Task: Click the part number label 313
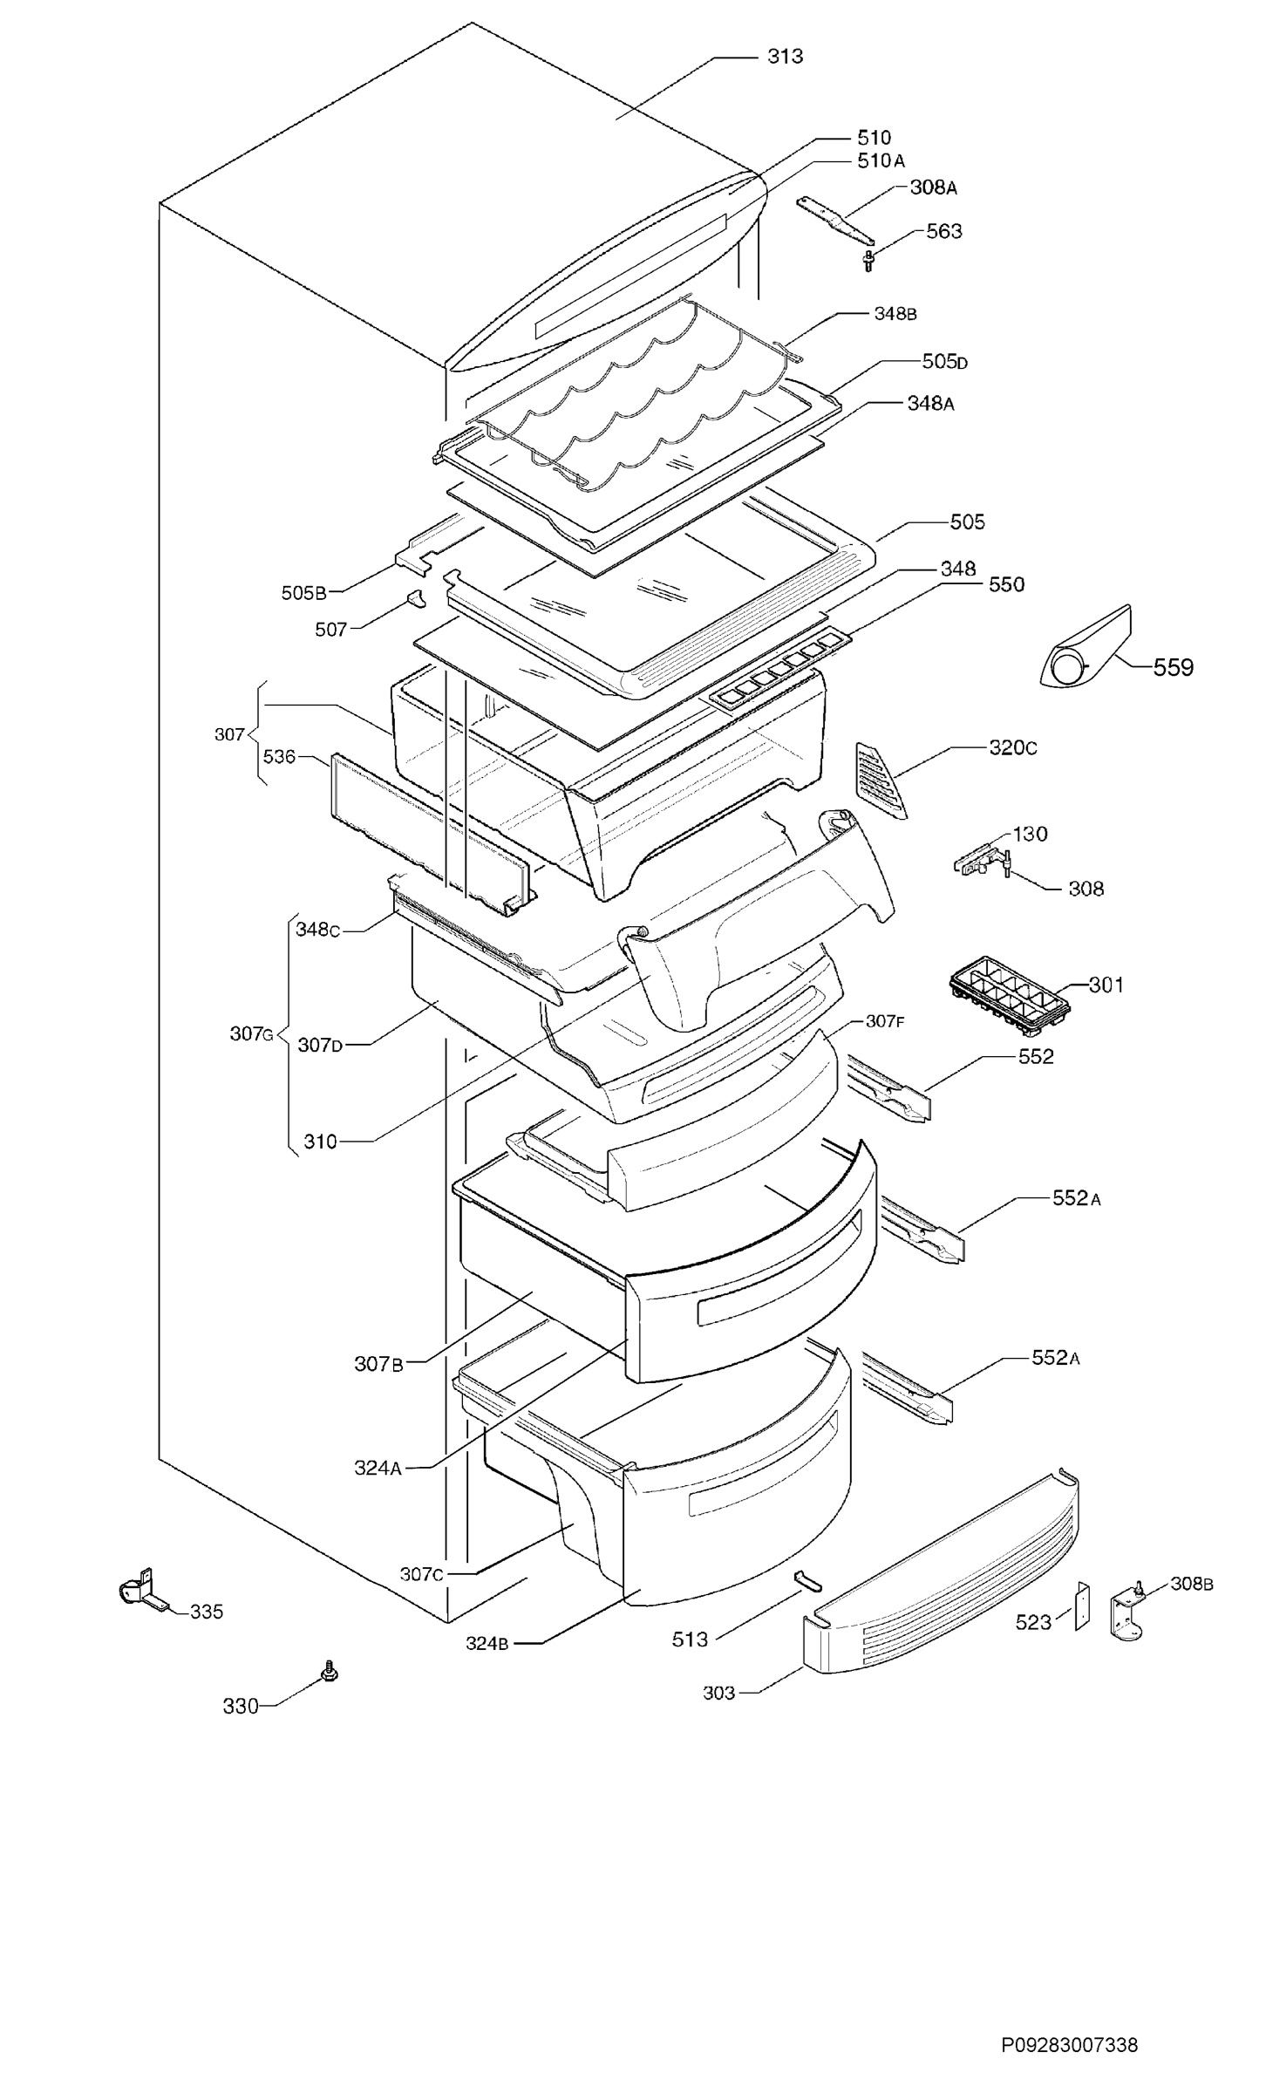click(785, 57)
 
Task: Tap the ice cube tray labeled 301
click(1009, 993)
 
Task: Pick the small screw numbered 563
click(868, 261)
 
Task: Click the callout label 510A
click(881, 160)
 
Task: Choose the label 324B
click(487, 1643)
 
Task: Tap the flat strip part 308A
click(835, 220)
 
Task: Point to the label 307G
click(252, 1034)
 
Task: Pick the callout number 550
click(1006, 584)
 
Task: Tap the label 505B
click(303, 593)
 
